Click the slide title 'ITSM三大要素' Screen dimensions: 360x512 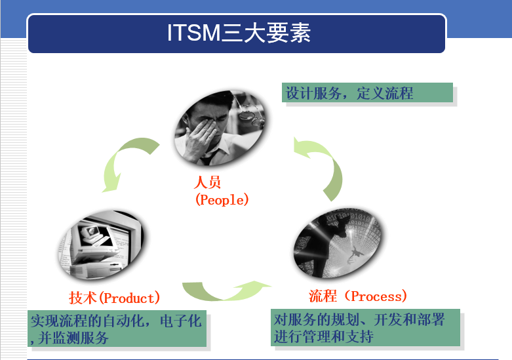point(238,33)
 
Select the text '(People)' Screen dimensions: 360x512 point(222,199)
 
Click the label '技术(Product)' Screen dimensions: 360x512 point(115,298)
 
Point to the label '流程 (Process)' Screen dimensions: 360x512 point(358,296)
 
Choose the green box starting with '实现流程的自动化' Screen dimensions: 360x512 point(117,329)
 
